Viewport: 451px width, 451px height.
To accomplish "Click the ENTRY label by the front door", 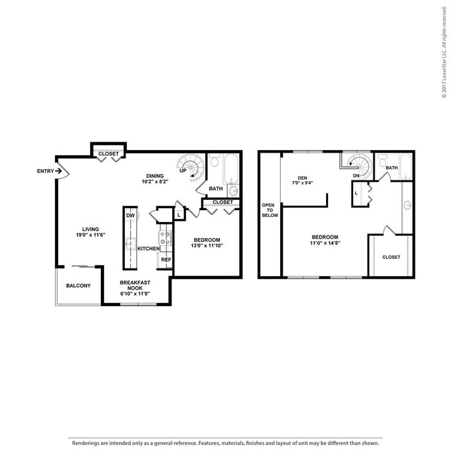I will coord(46,171).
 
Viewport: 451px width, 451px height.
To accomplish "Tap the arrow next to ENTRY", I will coord(59,171).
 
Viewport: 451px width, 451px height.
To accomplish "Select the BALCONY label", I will coord(78,286).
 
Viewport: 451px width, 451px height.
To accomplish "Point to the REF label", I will coord(166,260).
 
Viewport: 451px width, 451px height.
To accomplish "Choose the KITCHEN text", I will coord(148,248).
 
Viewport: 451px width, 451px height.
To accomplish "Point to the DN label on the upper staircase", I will coord(355,175).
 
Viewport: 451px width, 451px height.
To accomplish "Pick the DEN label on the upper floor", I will coord(302,178).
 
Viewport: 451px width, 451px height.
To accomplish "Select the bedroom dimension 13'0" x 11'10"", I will coord(206,246).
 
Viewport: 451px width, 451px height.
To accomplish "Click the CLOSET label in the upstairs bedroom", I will coord(391,257).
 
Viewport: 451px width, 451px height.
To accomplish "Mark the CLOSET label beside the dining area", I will coord(108,153).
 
